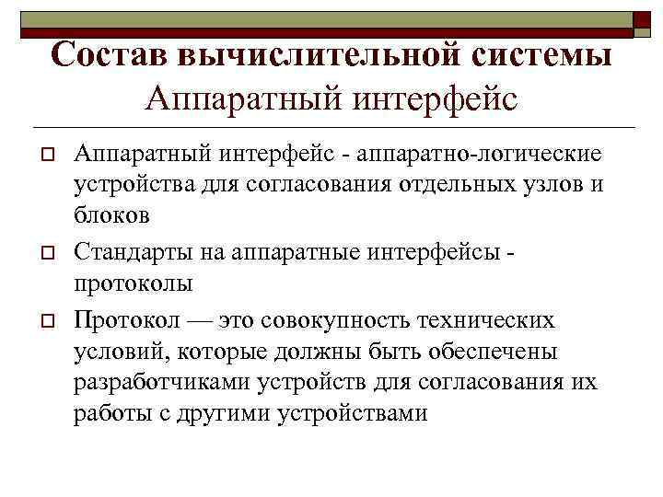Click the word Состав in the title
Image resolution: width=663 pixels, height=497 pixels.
tap(108, 55)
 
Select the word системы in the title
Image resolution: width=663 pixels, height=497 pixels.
tap(536, 55)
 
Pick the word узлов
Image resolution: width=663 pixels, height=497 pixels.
tap(561, 182)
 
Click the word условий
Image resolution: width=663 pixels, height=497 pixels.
tap(111, 353)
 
